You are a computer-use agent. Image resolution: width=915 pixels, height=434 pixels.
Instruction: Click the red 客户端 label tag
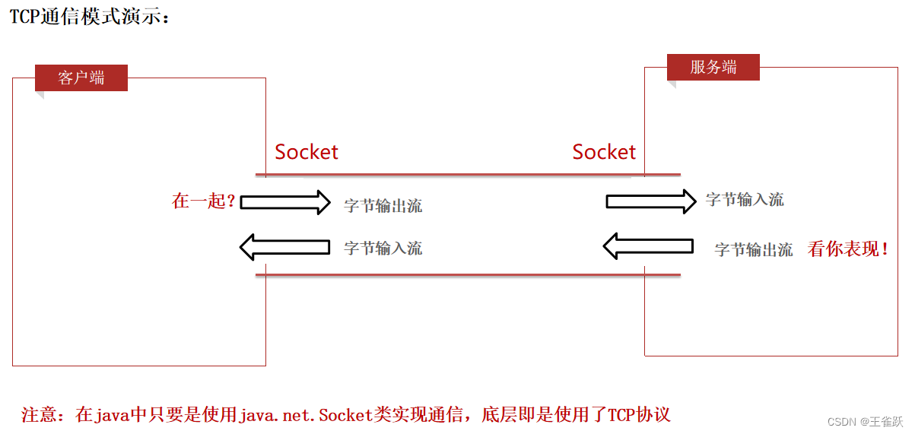click(81, 78)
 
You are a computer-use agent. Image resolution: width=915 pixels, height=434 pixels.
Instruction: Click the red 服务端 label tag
click(713, 67)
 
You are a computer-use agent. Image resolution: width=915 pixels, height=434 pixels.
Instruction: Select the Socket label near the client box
click(307, 152)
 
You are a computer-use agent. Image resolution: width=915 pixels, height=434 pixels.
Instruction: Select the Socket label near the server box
click(604, 152)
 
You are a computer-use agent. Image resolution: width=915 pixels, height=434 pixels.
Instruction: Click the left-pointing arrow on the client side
click(284, 247)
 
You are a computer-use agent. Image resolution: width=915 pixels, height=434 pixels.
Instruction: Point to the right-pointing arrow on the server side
click(650, 201)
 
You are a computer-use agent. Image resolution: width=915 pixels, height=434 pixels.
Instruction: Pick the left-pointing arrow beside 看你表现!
click(648, 246)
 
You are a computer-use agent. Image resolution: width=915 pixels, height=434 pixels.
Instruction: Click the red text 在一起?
click(204, 201)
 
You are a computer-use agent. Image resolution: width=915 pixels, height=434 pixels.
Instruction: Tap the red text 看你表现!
click(848, 249)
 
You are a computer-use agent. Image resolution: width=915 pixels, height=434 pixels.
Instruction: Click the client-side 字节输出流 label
click(383, 205)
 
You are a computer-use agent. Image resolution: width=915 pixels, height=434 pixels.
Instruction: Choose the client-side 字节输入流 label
click(383, 248)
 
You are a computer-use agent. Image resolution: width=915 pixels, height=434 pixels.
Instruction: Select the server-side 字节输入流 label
click(745, 200)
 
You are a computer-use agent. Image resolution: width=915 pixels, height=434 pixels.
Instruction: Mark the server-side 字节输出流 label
click(754, 249)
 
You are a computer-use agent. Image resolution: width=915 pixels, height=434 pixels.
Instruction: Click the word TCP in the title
click(24, 16)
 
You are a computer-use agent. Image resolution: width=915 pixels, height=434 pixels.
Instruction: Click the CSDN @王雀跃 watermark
click(865, 421)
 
